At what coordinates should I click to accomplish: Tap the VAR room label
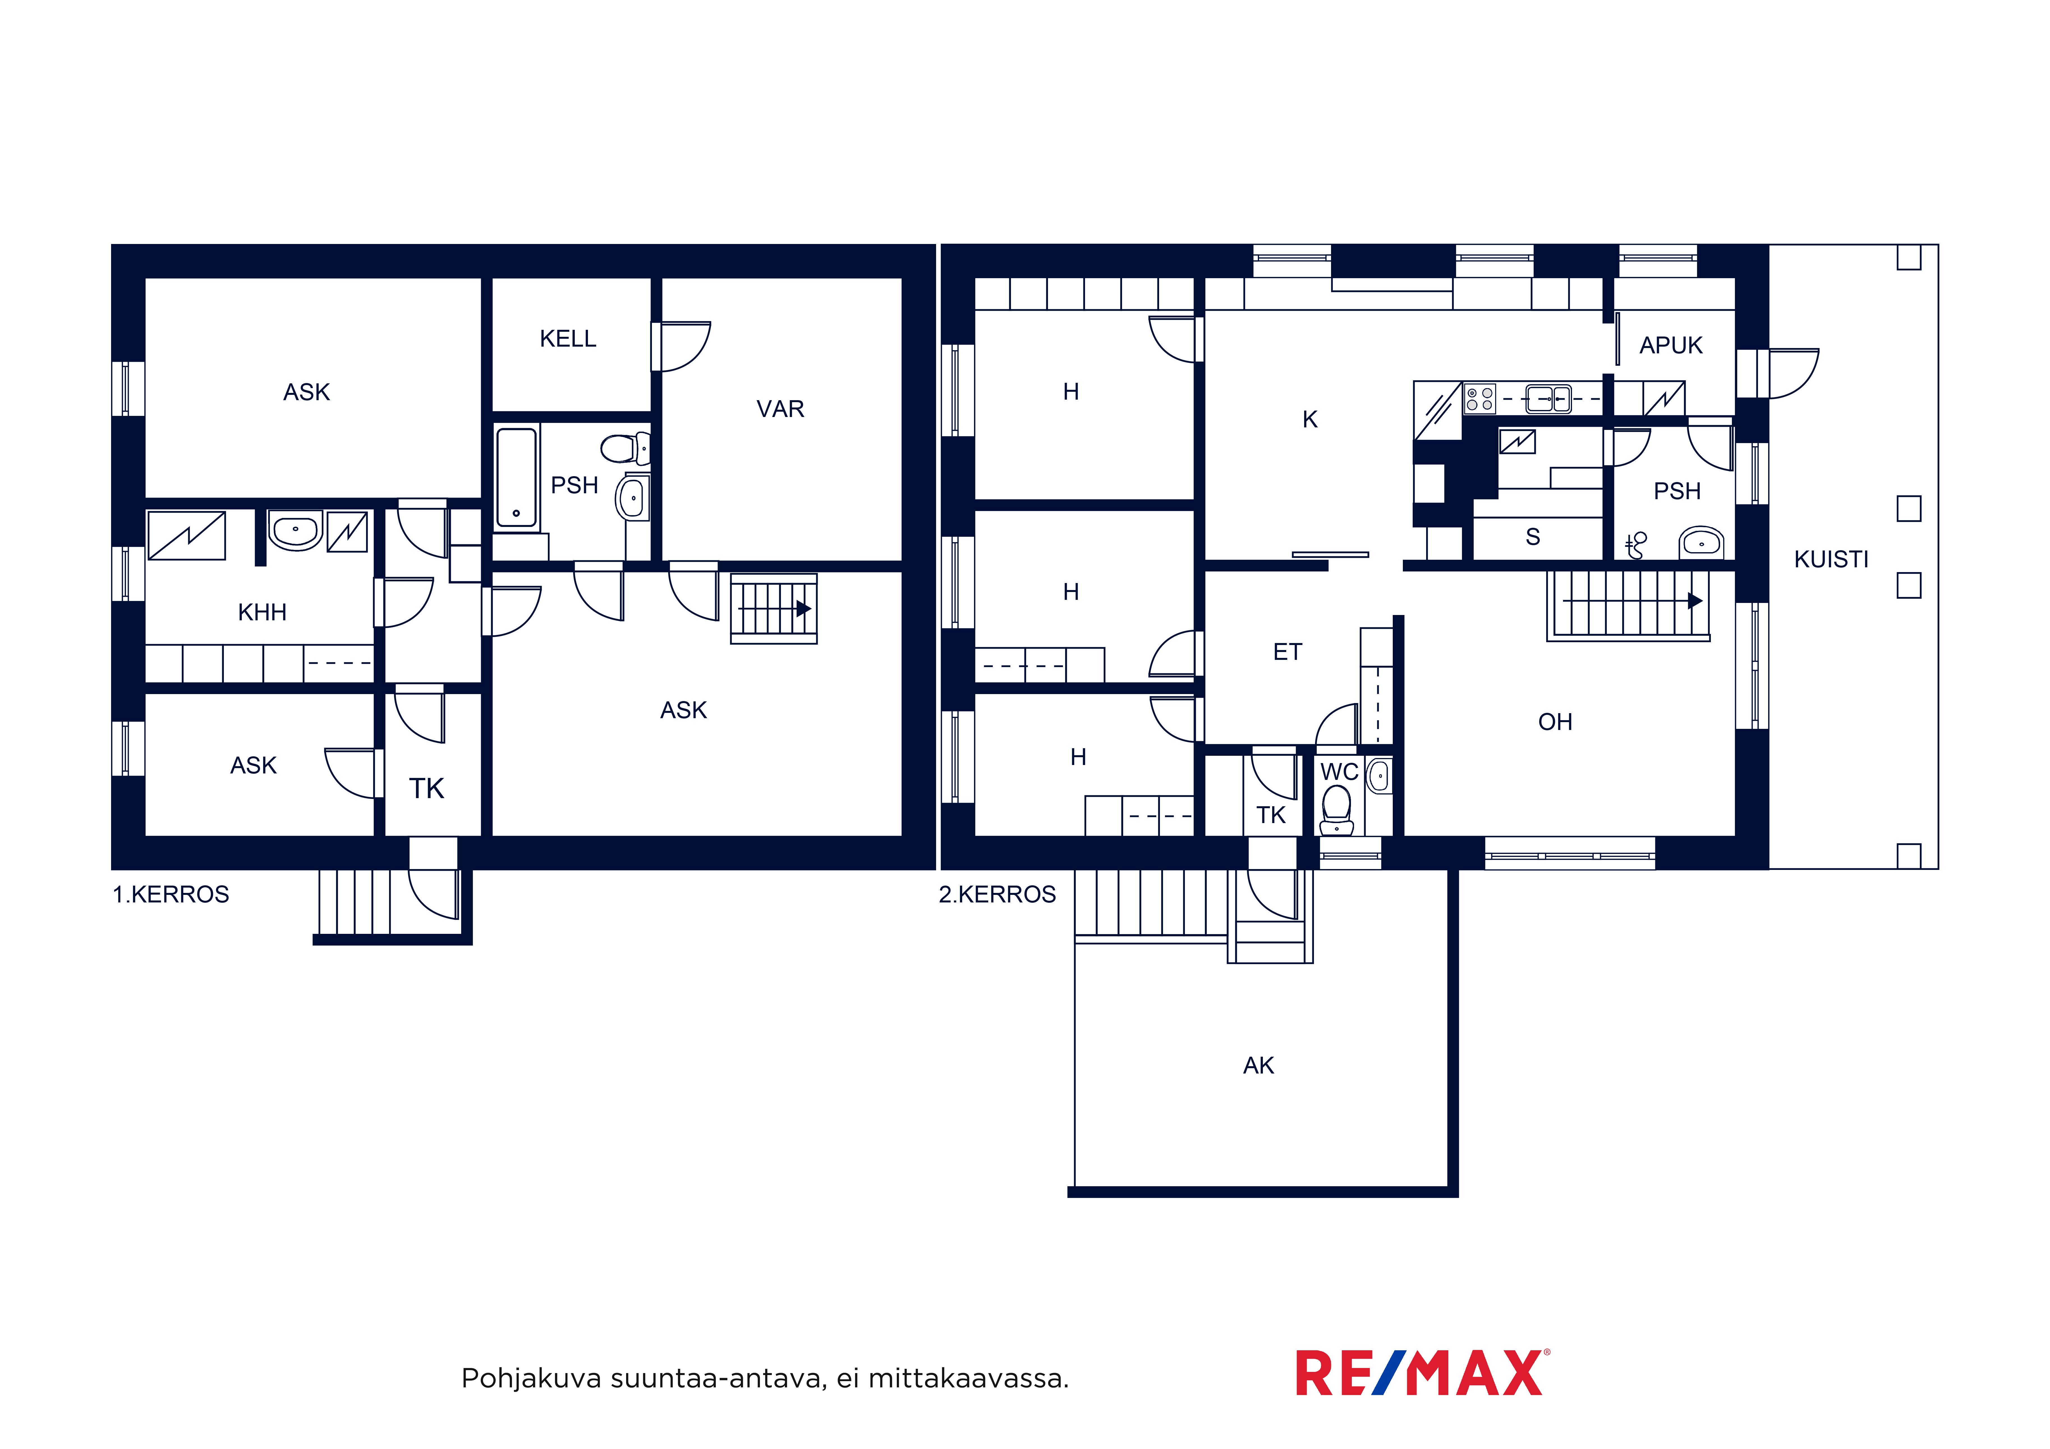(780, 409)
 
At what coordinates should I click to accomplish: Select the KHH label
(263, 612)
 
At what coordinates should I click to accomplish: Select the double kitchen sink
(1548, 398)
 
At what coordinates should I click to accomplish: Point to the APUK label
(1670, 345)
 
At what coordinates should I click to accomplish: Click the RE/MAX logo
(1422, 1373)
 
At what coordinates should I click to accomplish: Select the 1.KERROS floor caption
(171, 895)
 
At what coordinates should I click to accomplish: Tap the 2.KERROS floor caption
(997, 895)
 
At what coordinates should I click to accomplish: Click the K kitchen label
(1310, 420)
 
